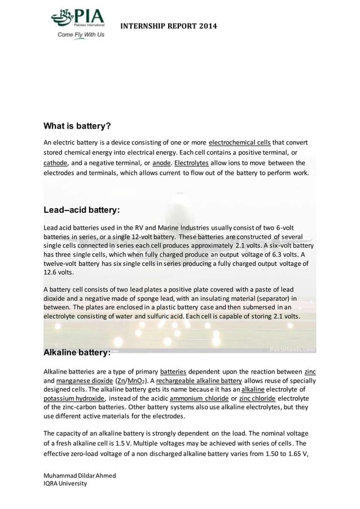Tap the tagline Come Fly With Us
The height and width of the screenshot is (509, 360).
tap(80, 34)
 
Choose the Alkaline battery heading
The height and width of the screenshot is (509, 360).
tap(77, 353)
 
